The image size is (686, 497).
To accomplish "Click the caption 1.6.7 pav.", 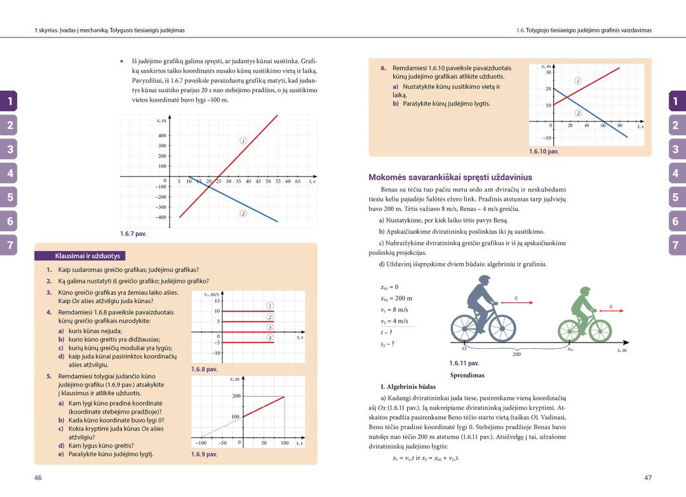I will point(133,234).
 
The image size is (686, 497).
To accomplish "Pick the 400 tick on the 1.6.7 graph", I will point(162,135).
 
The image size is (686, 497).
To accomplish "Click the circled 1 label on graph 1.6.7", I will point(243,140).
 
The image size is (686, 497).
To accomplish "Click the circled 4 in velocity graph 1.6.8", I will point(270,337).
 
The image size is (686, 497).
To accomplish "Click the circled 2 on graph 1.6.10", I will point(579,112).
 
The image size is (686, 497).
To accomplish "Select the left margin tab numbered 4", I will point(10,173).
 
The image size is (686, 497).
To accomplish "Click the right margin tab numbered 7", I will point(676,245).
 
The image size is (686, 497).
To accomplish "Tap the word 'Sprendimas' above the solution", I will point(467,375).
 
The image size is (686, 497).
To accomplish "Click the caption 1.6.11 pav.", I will point(463,364).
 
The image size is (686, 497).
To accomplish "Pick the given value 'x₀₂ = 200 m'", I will point(396,299).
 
